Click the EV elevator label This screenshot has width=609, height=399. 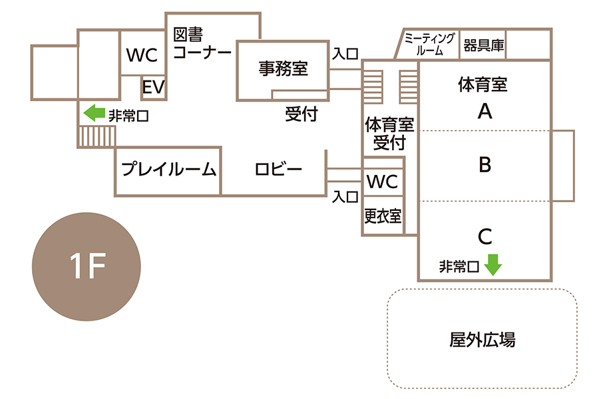(153, 88)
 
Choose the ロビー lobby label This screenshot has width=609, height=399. (279, 170)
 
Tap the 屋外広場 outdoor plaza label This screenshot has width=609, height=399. (483, 340)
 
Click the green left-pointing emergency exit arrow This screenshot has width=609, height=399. (95, 113)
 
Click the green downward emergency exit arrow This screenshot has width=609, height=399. (493, 265)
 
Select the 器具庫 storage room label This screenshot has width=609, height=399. (484, 47)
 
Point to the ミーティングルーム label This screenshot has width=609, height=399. (430, 44)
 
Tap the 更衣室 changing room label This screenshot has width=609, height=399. (383, 215)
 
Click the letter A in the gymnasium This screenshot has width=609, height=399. (485, 112)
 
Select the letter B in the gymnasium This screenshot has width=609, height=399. (485, 164)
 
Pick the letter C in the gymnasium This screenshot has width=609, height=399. (485, 235)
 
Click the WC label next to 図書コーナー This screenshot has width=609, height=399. (142, 56)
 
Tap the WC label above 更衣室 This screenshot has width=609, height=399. (382, 181)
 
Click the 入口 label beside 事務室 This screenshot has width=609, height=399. (345, 52)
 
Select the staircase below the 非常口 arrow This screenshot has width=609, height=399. (97, 136)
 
